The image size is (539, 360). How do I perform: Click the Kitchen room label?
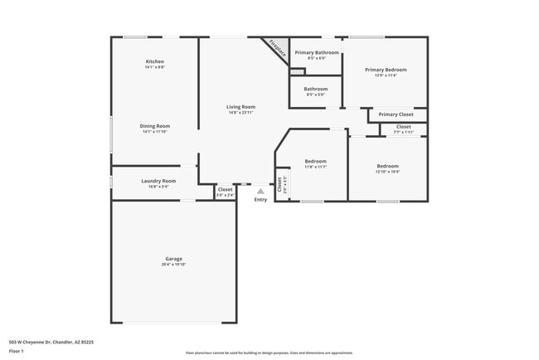click(155, 61)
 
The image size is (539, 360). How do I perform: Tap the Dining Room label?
click(155, 126)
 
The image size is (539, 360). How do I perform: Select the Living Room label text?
click(241, 106)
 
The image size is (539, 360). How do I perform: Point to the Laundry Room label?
click(158, 181)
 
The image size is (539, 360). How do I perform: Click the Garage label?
click(174, 258)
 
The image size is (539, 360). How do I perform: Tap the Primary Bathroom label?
click(317, 52)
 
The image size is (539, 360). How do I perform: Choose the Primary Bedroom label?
click(386, 70)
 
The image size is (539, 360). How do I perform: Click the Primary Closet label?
click(396, 114)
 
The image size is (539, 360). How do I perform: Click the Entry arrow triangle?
click(260, 191)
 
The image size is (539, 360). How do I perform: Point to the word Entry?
click(260, 199)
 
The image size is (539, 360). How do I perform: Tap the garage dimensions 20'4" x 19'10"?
click(174, 265)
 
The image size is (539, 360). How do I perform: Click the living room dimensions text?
click(241, 113)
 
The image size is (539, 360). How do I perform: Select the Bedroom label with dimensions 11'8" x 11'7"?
click(315, 161)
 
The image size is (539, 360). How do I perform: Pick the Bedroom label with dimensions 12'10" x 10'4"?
click(387, 166)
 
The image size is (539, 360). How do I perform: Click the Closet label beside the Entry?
click(225, 189)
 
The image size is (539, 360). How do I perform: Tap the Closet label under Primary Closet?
click(403, 126)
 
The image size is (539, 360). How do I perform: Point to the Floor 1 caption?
click(17, 351)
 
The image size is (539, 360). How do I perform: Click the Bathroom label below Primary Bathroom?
click(315, 89)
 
